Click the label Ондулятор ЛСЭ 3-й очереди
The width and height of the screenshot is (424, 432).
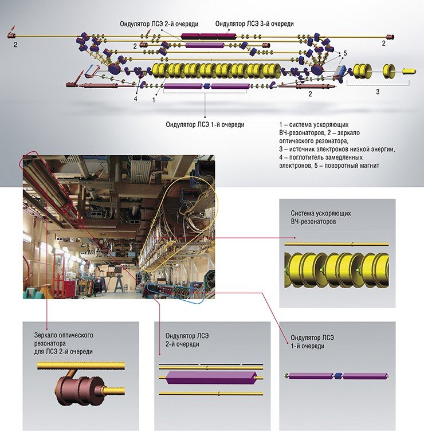click(254, 23)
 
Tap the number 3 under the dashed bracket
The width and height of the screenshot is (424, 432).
click(378, 92)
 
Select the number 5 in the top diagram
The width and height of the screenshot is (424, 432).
click(345, 53)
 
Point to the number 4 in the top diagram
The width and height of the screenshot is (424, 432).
click(135, 99)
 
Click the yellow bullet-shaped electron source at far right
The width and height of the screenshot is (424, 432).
click(409, 71)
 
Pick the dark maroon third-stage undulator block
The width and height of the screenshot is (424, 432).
click(209, 36)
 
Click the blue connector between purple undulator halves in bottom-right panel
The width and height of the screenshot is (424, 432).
click(337, 376)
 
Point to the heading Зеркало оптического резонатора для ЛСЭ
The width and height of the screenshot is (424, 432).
click(64, 343)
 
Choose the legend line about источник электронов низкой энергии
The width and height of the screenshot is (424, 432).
click(337, 149)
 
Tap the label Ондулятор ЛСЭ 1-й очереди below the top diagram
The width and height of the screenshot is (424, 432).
click(205, 124)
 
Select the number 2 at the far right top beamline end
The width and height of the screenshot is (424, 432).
click(383, 43)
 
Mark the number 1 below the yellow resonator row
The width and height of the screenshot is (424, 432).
click(154, 100)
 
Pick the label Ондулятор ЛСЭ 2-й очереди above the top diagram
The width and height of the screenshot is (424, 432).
click(159, 24)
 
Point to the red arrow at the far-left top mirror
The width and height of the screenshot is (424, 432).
click(13, 29)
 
